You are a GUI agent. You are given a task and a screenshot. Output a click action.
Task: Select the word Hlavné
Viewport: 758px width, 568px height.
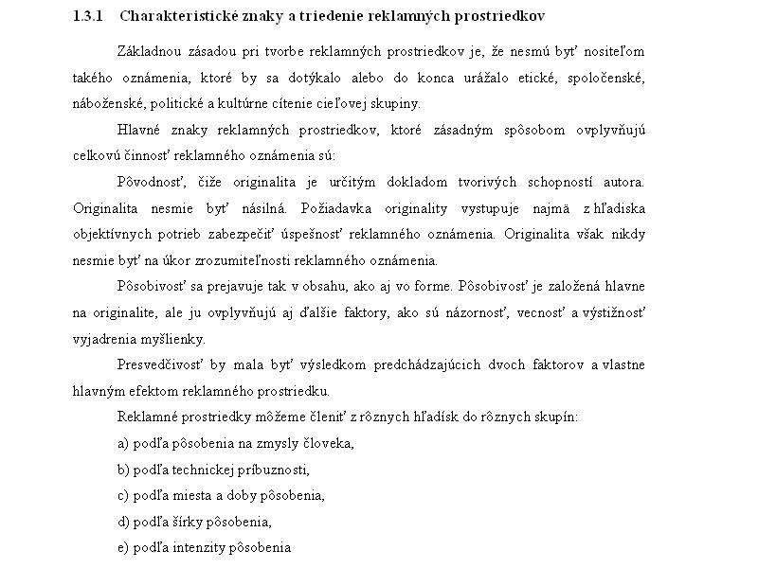[x=138, y=130]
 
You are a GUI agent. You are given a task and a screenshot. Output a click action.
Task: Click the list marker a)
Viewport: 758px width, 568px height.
[x=123, y=443]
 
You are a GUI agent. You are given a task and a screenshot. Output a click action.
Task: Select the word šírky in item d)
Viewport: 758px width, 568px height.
[x=187, y=522]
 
